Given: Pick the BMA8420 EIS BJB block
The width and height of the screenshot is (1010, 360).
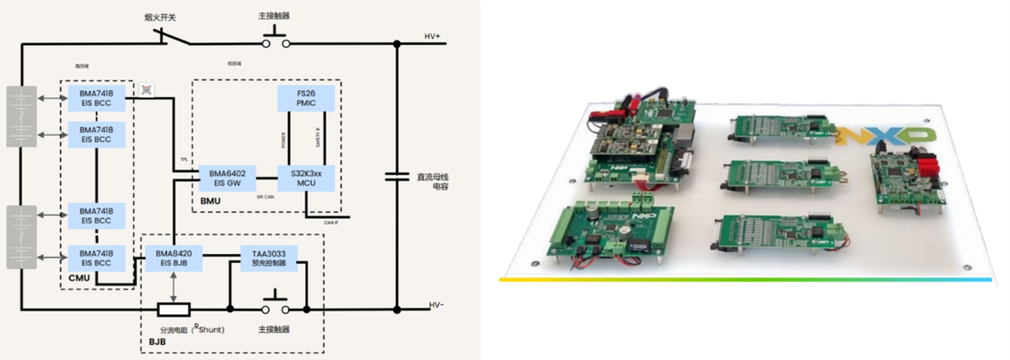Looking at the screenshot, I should [174, 258].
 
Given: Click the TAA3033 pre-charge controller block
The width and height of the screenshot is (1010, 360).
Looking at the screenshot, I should [268, 258].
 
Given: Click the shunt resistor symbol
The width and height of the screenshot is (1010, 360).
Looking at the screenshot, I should [173, 310].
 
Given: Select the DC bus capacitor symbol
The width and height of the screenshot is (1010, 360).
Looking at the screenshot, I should [397, 176].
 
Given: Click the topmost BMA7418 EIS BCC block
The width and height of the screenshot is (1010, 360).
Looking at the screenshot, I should [96, 99].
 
